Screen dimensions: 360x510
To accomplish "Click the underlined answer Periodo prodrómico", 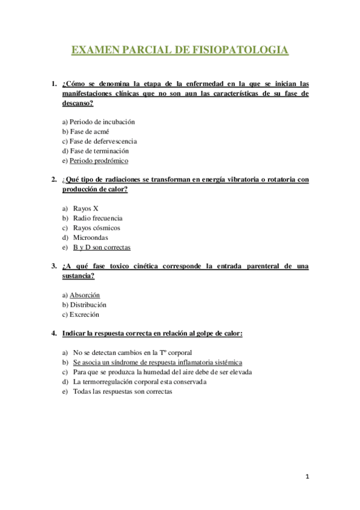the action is [99, 161].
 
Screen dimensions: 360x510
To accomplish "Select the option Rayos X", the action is [86, 208].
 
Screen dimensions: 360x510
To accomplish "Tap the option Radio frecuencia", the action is [97, 218].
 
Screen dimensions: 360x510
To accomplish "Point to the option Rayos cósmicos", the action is [96, 228].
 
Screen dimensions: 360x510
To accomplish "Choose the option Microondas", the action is [91, 238].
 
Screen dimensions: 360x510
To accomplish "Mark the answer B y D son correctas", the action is [102, 247].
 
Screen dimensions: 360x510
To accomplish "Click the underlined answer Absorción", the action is [85, 295].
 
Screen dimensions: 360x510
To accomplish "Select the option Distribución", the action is [88, 305].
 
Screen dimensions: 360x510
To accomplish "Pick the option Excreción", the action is [85, 315].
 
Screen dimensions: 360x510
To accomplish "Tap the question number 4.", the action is [53, 333].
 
